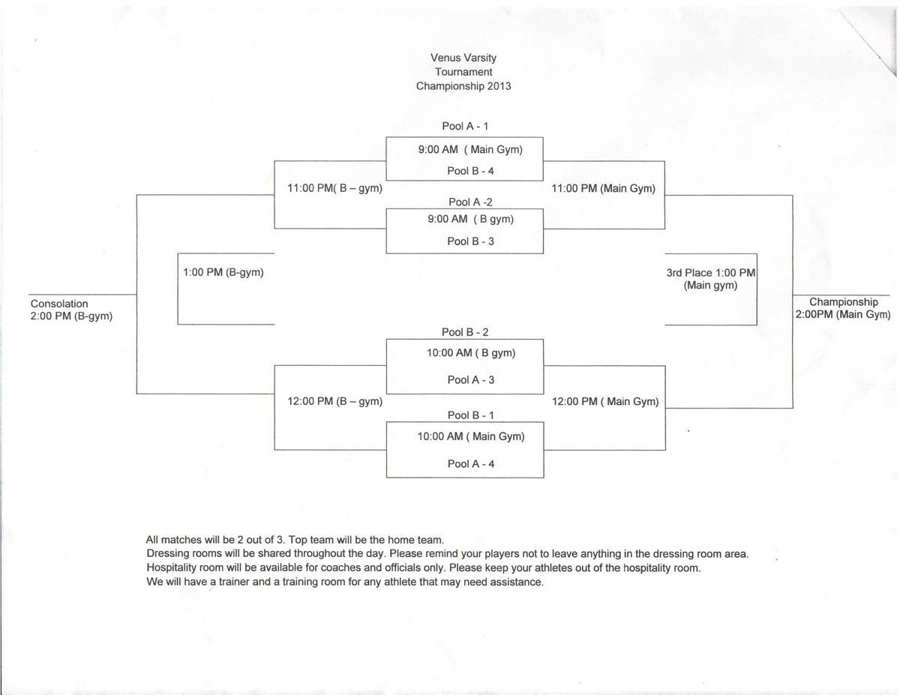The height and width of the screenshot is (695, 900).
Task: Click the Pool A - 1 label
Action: [465, 127]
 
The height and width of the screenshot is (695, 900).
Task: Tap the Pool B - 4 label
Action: [470, 171]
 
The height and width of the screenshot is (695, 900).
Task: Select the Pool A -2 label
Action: [470, 202]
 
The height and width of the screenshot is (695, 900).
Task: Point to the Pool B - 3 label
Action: [470, 241]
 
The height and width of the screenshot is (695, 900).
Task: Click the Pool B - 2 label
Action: [465, 332]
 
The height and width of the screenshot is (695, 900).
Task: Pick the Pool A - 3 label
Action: [470, 380]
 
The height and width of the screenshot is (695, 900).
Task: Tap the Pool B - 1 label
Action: [470, 415]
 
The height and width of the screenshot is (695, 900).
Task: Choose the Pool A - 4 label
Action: [470, 464]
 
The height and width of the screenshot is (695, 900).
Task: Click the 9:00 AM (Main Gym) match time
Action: [470, 150]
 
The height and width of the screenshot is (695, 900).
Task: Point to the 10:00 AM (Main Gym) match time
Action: [470, 436]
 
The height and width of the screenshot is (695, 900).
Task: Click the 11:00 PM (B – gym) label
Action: [334, 189]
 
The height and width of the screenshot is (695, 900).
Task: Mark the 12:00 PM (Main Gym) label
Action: [604, 402]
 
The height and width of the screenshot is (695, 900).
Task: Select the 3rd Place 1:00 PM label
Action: [710, 274]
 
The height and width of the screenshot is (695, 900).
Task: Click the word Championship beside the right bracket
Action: [843, 302]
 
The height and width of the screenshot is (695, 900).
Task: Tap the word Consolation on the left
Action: [59, 304]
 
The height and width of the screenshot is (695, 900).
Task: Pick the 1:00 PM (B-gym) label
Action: [223, 274]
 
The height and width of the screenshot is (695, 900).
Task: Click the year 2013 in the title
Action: [498, 86]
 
